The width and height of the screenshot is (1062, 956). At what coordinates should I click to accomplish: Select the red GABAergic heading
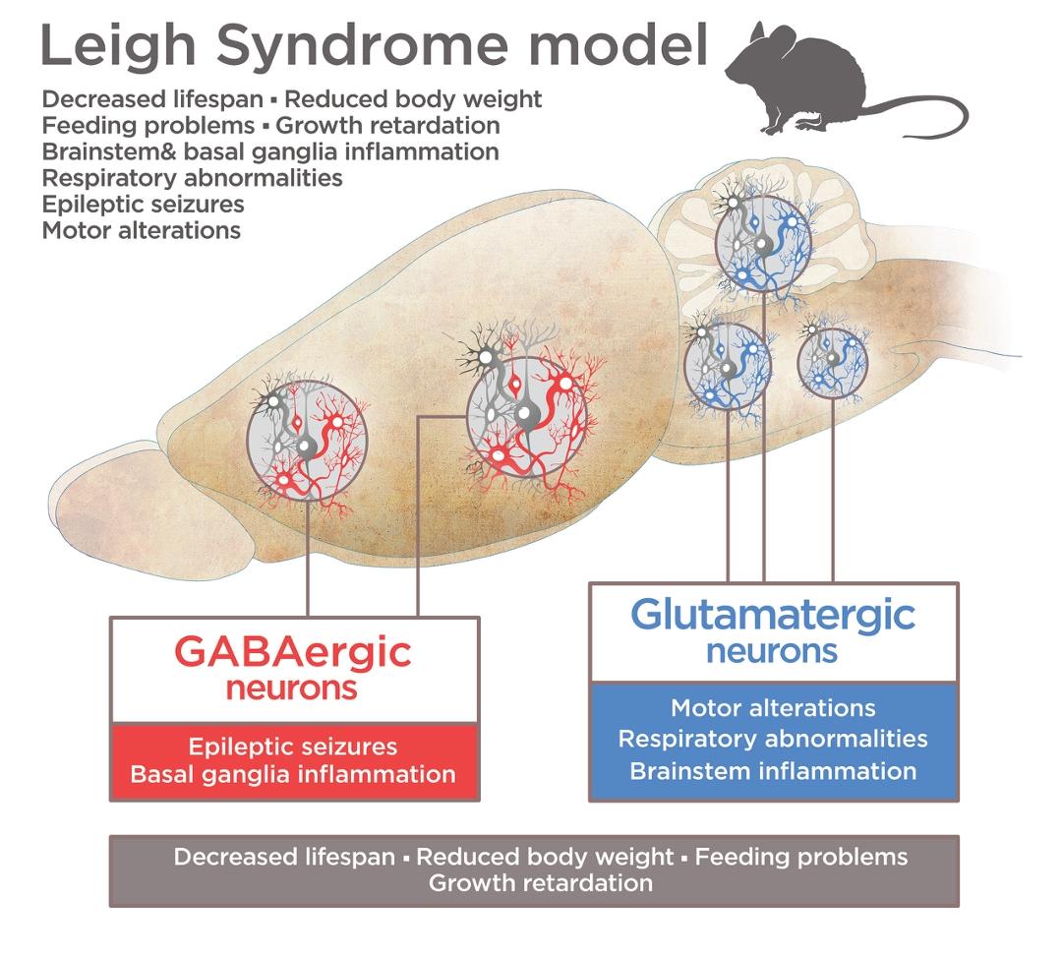293,652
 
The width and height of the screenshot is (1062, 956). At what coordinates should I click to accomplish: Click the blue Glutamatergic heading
773,615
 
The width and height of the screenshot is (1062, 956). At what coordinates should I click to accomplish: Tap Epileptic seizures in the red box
293,747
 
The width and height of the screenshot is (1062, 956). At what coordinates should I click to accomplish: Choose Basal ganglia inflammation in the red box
293,774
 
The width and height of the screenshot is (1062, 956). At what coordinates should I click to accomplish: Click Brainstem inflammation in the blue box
773,770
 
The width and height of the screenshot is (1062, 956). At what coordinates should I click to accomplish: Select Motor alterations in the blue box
773,708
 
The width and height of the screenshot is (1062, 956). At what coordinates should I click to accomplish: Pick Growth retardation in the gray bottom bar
540,882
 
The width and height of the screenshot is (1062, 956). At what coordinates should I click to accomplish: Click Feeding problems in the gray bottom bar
801,857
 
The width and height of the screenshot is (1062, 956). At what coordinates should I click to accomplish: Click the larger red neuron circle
531,412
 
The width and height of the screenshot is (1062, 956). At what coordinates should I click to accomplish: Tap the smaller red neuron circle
307,437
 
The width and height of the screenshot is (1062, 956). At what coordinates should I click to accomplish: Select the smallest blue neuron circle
833,363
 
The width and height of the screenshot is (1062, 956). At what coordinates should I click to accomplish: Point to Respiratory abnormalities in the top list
193,178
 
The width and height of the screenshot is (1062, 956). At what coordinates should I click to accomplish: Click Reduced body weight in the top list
414,99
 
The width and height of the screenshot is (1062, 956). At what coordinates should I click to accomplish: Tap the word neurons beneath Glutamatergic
773,651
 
